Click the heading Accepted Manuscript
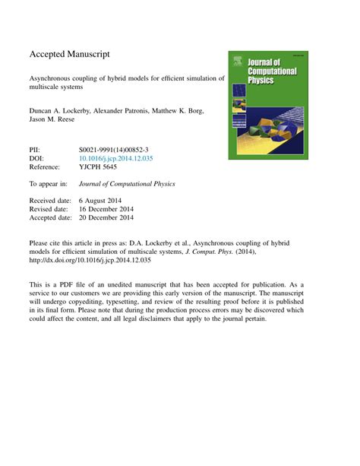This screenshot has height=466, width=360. [x=70, y=55]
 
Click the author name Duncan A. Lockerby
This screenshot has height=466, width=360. [x=62, y=111]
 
